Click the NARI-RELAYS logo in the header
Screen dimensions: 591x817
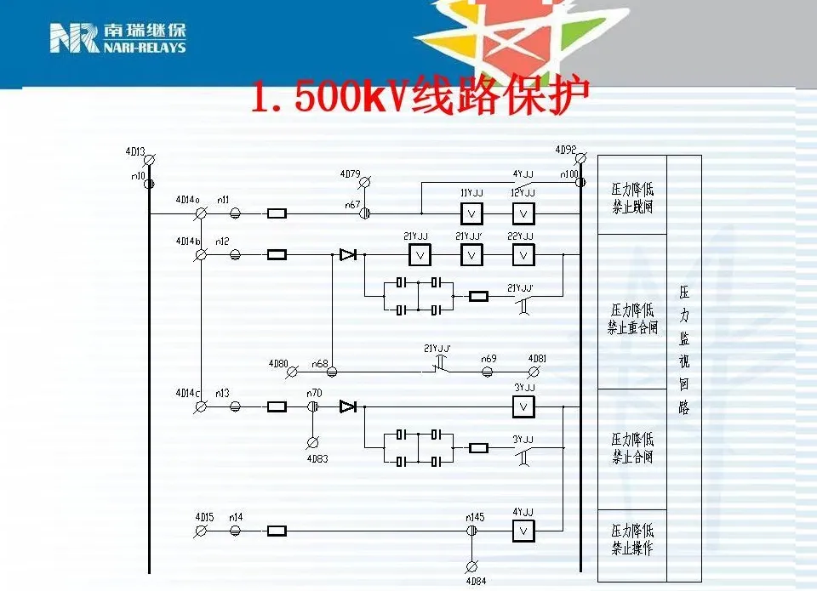point(117,38)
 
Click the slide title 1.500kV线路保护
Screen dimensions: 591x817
point(419,97)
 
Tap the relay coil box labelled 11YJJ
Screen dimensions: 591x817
point(472,213)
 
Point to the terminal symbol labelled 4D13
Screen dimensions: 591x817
point(150,159)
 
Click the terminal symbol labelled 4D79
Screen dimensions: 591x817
point(364,182)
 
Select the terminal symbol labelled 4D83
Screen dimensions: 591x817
point(312,442)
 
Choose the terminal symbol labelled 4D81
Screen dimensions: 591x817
point(534,372)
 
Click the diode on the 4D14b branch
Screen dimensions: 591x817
point(347,254)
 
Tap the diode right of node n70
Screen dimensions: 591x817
point(347,407)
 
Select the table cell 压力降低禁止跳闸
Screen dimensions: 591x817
point(632,196)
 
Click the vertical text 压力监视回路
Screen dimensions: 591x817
point(684,349)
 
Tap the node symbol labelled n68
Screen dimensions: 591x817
point(332,372)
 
